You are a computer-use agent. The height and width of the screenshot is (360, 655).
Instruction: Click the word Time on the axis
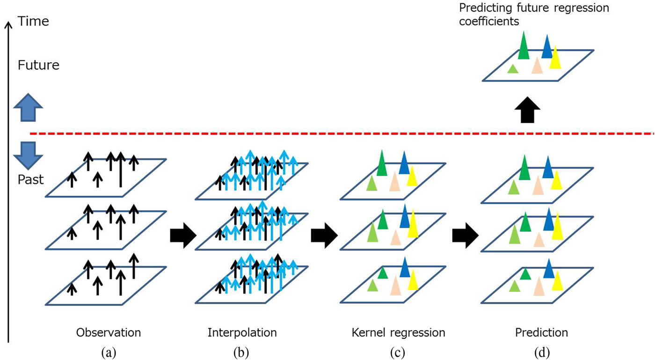pyautogui.click(x=32, y=21)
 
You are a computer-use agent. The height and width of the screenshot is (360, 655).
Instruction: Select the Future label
pyautogui.click(x=38, y=65)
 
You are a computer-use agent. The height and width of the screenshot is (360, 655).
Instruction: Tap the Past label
pyautogui.click(x=31, y=179)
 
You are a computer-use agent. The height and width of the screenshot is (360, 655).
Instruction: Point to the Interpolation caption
pyautogui.click(x=242, y=333)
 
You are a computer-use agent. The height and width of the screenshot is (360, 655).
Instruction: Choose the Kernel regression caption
pyautogui.click(x=398, y=333)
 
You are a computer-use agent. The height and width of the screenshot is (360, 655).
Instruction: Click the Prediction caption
pyautogui.click(x=541, y=333)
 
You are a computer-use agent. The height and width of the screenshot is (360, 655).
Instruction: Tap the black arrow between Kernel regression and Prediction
pyautogui.click(x=466, y=235)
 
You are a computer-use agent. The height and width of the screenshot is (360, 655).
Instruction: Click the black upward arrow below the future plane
pyautogui.click(x=527, y=111)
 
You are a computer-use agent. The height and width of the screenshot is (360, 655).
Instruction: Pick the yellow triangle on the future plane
pyautogui.click(x=556, y=59)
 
